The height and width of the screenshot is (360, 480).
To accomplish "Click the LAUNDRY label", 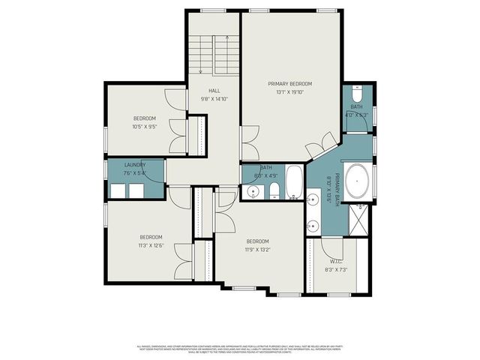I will point(135,165).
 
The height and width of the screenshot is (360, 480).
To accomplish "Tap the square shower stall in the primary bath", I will point(360,217).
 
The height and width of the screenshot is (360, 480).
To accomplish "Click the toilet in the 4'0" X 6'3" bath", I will point(357,96).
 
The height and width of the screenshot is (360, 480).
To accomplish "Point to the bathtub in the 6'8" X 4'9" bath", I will point(293,182).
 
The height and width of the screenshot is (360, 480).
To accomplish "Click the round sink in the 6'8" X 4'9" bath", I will point(253,192).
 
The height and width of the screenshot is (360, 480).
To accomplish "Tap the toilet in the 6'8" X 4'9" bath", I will point(274,189).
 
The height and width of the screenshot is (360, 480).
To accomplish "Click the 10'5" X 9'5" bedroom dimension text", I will point(144,127).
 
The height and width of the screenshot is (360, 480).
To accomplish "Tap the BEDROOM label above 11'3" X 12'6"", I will point(151,236).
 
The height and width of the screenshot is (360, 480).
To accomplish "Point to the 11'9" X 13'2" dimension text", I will point(256,250).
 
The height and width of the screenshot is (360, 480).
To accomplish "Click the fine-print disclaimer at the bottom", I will point(240,348).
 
